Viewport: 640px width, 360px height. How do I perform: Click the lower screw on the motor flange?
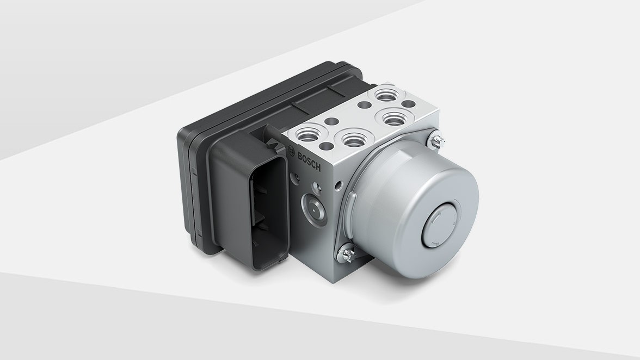coord(346,253)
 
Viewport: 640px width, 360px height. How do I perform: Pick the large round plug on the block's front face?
coord(314,208)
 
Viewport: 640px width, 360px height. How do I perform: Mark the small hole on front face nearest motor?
coord(338,186)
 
